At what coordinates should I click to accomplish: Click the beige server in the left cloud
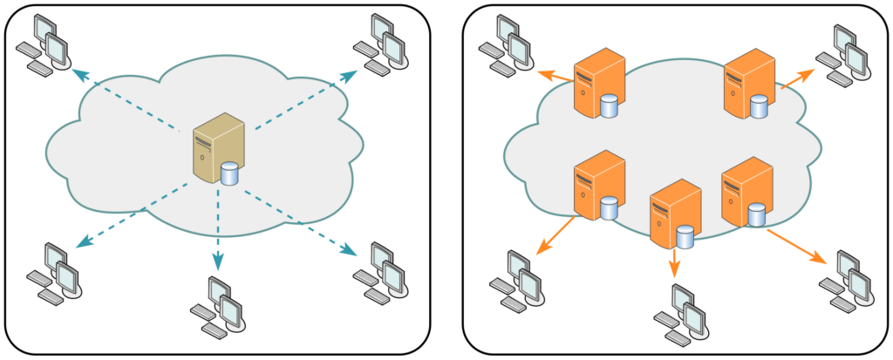pyautogui.click(x=218, y=148)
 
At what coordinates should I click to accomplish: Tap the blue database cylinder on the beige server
pyautogui.click(x=229, y=174)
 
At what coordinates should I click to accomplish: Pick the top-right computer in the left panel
pyautogui.click(x=380, y=44)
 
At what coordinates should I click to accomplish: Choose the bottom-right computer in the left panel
pyautogui.click(x=380, y=270)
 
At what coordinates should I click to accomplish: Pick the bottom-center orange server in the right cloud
pyautogui.click(x=675, y=214)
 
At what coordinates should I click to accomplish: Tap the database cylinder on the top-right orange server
pyautogui.click(x=760, y=107)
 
